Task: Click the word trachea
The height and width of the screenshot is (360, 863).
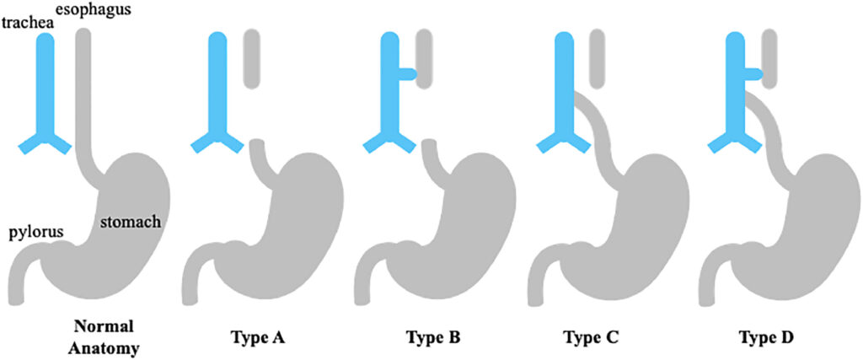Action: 23,22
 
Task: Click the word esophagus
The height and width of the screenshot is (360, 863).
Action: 101,10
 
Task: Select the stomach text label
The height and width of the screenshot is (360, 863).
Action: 130,223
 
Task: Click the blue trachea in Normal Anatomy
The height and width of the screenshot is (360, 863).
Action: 46,93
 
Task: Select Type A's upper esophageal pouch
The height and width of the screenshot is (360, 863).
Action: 251,59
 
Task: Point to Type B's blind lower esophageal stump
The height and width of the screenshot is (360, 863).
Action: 432,156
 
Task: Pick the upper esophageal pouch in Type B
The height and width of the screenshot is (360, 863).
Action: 425,59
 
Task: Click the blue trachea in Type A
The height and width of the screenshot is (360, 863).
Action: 217,93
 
